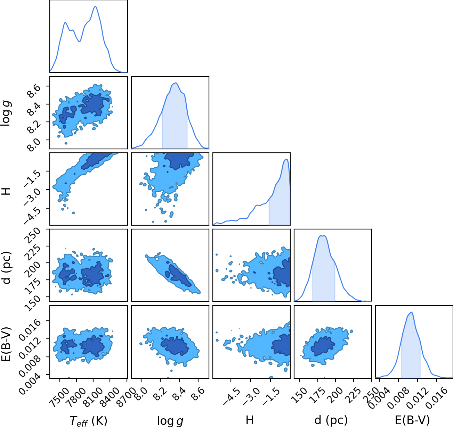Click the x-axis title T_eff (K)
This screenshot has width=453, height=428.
point(89,421)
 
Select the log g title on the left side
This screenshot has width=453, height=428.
point(6,114)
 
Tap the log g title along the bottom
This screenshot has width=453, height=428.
point(170,421)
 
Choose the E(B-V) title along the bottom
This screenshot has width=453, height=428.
point(412,420)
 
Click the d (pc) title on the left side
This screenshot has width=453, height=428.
point(6,268)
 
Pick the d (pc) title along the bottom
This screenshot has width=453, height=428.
point(331,420)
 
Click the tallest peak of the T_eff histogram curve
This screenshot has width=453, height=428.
point(95,7)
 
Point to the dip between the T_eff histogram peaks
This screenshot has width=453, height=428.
point(80,41)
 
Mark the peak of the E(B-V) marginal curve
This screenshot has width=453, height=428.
point(412,312)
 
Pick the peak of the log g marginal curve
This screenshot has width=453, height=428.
point(176,83)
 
